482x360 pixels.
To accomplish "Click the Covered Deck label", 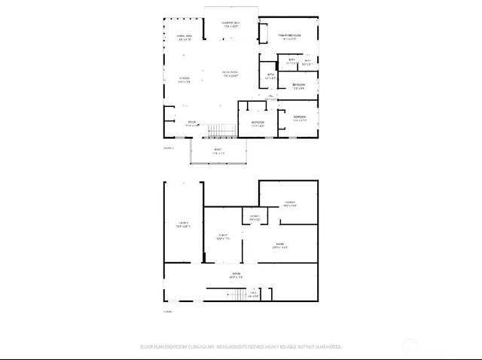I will click(230, 25).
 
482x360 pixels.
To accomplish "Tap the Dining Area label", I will click(183, 37).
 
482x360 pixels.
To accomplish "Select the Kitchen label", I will click(183, 79).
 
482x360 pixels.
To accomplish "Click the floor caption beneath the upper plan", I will click(168, 148).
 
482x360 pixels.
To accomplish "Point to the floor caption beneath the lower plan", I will click(168, 311).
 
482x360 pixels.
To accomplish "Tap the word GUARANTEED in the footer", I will click(325, 347).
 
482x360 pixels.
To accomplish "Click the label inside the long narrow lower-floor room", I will click(183, 224).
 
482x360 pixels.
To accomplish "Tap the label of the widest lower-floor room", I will click(236, 276).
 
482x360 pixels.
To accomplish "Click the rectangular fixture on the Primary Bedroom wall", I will click(264, 33).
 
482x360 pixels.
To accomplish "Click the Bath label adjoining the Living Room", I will click(271, 75).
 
